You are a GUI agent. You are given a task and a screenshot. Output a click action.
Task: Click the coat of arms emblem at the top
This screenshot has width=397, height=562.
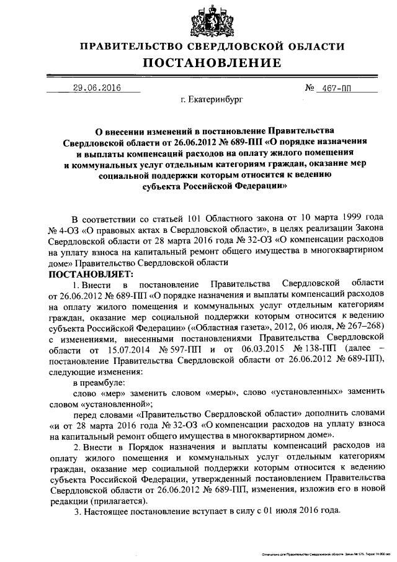pos(198,19)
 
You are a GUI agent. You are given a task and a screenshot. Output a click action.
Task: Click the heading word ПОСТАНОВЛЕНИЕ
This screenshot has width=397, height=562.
pos(198,63)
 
